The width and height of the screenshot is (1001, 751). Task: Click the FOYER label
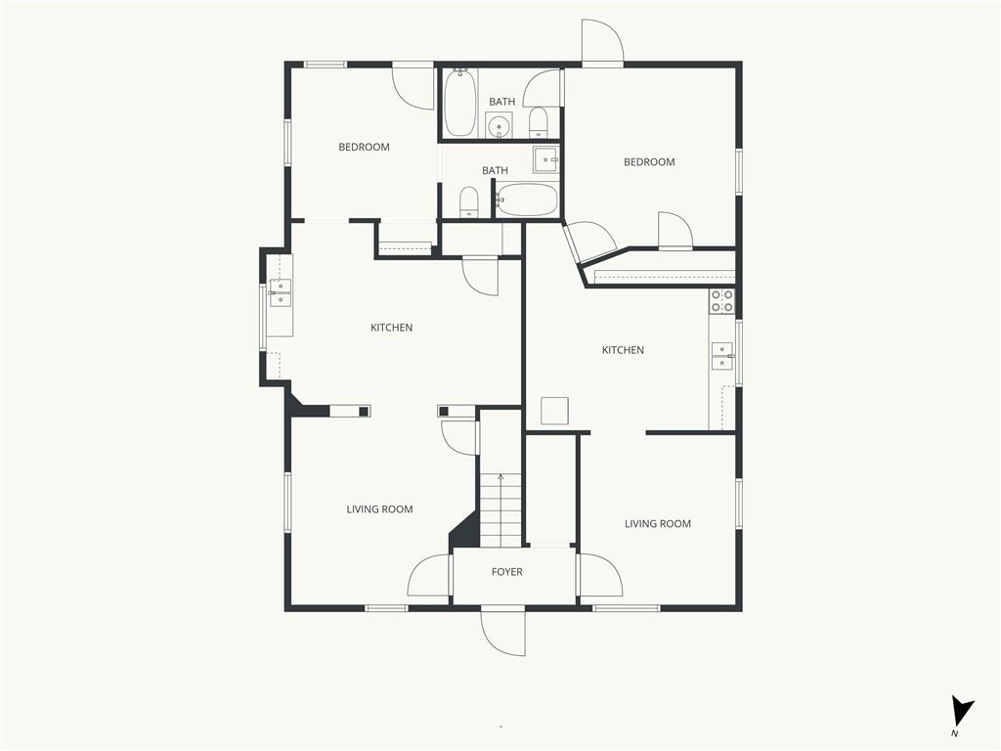[507, 571]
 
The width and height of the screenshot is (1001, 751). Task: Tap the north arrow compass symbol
[961, 712]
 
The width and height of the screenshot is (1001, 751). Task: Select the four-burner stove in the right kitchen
[722, 301]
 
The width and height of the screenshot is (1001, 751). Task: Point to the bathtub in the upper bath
[460, 103]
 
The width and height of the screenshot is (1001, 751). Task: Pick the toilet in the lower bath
[469, 202]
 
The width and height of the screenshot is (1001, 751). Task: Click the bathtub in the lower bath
[527, 199]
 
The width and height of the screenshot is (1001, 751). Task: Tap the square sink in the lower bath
[545, 159]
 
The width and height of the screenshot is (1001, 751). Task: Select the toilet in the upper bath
[539, 122]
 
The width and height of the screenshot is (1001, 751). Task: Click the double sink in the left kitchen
[280, 292]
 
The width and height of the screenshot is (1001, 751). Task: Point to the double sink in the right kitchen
[722, 356]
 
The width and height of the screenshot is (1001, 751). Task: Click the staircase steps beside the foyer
[500, 509]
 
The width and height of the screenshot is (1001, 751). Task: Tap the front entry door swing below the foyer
[503, 633]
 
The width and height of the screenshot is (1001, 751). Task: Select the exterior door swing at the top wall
[602, 42]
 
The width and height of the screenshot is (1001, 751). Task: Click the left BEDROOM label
[364, 147]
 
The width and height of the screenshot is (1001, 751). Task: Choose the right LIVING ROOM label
[658, 524]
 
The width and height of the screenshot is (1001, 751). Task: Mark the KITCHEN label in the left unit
[391, 328]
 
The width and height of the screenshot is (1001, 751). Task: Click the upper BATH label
[502, 102]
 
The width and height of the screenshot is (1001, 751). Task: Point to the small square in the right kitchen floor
[555, 411]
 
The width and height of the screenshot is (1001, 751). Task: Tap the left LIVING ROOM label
[380, 508]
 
